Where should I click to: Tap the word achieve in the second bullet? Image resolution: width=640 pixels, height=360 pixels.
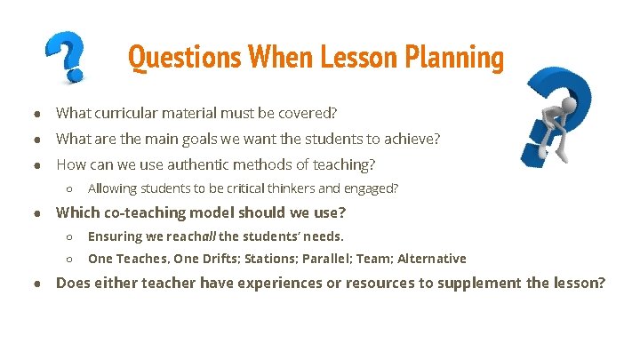pos(412,140)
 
